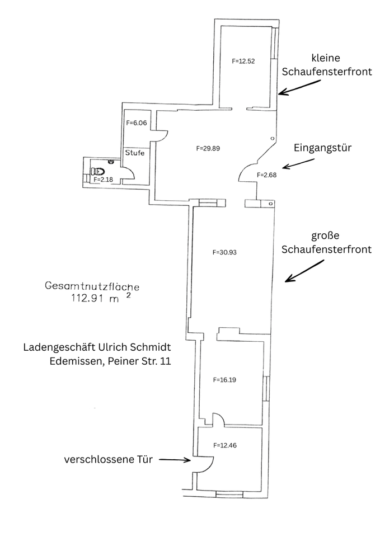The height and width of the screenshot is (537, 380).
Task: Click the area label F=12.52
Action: pyautogui.click(x=243, y=61)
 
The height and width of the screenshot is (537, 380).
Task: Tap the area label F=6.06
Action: pyautogui.click(x=136, y=123)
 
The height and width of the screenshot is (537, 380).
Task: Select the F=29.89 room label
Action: pyautogui.click(x=208, y=149)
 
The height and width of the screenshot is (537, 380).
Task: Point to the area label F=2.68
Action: pyautogui.click(x=266, y=175)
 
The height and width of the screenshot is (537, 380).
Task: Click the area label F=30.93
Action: pyautogui.click(x=225, y=252)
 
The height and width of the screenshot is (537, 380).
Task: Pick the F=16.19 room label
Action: pyautogui.click(x=225, y=379)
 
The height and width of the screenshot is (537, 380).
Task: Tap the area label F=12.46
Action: pyautogui.click(x=225, y=445)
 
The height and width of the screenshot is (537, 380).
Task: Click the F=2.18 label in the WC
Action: pyautogui.click(x=103, y=180)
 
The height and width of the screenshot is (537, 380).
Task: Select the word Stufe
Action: pyautogui.click(x=135, y=152)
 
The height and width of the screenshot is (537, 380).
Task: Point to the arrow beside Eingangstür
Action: pyautogui.click(x=299, y=163)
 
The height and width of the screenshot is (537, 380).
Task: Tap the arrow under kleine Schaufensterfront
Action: pyautogui.click(x=301, y=87)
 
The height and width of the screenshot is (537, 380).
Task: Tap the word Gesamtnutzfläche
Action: pyautogui.click(x=92, y=286)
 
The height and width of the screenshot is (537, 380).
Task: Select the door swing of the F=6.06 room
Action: pyautogui.click(x=161, y=136)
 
